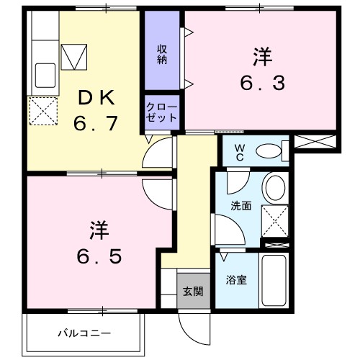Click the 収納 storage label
coord(162,53)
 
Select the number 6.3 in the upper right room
coord(262,71)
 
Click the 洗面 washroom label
coord(240,205)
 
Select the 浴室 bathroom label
coord(237,280)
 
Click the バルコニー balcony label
coord(84,334)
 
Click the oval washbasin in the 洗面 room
coord(275,189)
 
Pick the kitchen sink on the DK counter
coord(46,74)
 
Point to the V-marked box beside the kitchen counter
coord(73,56)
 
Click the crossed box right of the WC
coord(315,142)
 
